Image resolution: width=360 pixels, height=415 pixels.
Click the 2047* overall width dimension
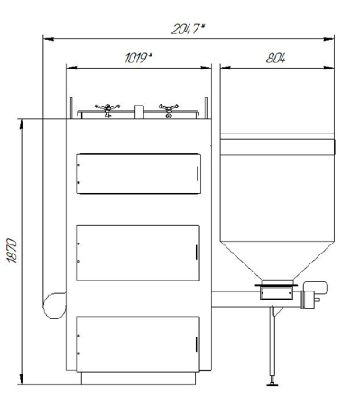tap(188, 30)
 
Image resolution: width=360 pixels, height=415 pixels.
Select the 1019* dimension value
tap(139, 58)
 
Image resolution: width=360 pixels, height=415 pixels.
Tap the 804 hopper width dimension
tap(275, 58)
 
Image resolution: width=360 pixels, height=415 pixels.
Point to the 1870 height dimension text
tap(13, 251)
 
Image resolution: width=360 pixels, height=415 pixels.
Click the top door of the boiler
tap(138, 174)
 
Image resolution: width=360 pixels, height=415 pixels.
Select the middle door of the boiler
tap(138, 253)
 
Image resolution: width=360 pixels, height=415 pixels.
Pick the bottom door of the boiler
tap(138, 344)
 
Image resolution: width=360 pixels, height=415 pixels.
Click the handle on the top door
tap(198, 173)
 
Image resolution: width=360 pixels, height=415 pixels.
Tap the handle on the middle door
tap(197, 253)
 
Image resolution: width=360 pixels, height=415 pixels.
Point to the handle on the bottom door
tap(197, 345)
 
